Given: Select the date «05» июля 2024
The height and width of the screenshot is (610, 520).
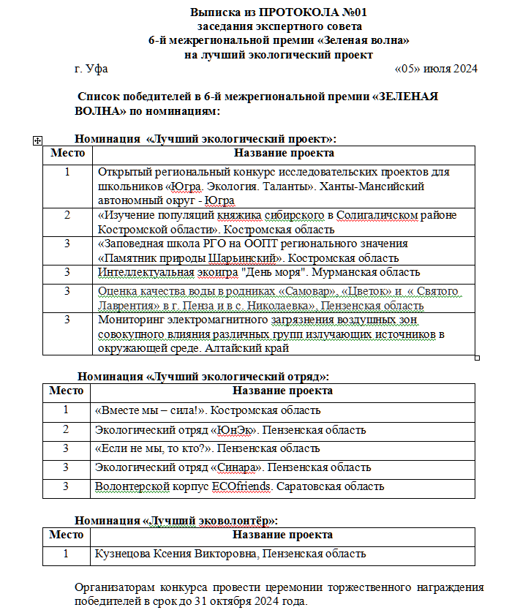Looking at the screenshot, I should pos(435,69).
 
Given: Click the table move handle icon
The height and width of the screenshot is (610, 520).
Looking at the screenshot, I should pos(37,140).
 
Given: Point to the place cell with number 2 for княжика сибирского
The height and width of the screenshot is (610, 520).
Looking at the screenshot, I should pos(67,215).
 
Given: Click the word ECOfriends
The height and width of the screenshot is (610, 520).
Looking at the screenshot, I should pos(240,486).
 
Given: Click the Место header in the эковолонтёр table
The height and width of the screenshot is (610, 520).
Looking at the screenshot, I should pos(67,535).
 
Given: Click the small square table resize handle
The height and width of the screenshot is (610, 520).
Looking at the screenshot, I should pos(478,358).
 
